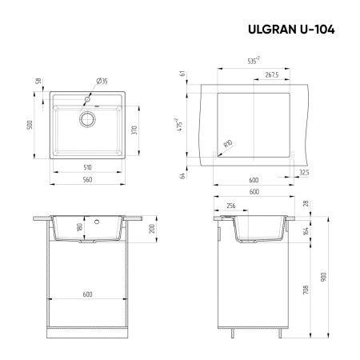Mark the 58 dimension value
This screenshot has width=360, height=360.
pyautogui.click(x=38, y=82)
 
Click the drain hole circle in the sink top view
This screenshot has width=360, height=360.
pyautogui.click(x=86, y=118)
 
